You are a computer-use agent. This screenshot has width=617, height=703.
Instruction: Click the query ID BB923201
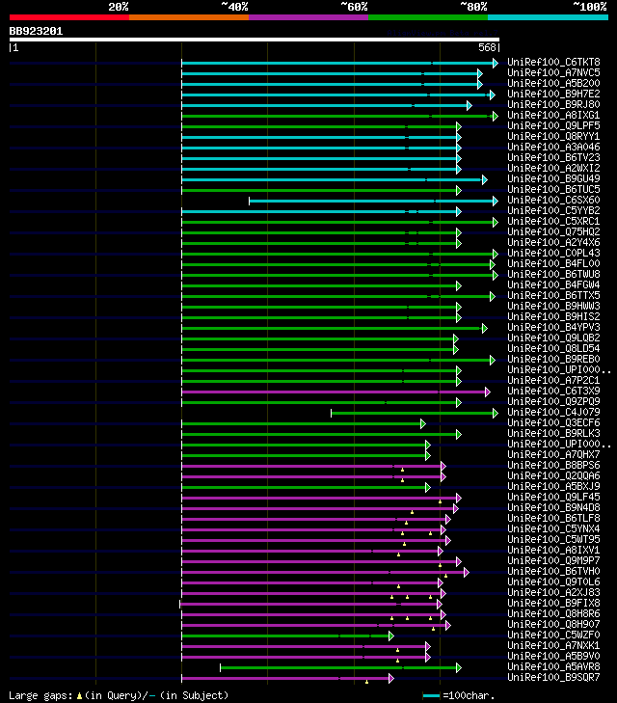(x=36, y=31)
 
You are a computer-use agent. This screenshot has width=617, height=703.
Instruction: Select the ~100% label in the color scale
(x=589, y=7)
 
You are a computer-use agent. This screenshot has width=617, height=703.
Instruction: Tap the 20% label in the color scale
(x=119, y=7)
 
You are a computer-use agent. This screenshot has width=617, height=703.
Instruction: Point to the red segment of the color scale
(x=68, y=17)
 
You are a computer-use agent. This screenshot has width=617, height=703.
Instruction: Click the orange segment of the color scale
(x=188, y=17)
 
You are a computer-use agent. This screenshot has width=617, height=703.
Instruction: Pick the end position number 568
(x=487, y=47)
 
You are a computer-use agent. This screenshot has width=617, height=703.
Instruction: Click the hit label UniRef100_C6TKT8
(x=552, y=63)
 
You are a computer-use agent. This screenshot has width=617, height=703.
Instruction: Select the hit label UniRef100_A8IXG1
(x=552, y=116)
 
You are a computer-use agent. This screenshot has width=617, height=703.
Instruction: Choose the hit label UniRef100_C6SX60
(x=552, y=201)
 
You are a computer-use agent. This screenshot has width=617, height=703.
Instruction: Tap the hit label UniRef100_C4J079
(x=552, y=413)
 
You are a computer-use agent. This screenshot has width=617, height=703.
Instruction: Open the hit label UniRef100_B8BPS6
(x=552, y=466)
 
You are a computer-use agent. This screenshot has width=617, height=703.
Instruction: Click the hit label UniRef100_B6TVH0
(x=552, y=572)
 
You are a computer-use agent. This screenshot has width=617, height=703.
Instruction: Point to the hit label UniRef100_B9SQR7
(x=552, y=678)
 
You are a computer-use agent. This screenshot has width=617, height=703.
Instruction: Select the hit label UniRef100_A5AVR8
(x=552, y=667)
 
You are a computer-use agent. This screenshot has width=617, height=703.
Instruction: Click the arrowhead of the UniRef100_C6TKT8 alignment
(x=496, y=63)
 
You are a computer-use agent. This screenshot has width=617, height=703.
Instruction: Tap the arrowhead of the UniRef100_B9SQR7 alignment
(x=390, y=678)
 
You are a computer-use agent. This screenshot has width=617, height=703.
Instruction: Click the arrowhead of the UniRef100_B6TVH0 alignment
(x=466, y=572)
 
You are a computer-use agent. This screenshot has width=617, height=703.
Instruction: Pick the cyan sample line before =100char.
(x=430, y=695)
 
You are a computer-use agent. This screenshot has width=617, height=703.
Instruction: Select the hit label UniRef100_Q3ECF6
(x=552, y=423)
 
